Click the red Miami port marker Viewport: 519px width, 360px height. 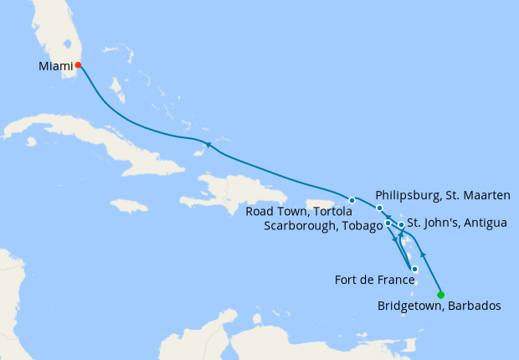click(78, 64)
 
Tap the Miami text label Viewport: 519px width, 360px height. click(54, 64)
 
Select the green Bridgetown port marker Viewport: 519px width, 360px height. click(440, 293)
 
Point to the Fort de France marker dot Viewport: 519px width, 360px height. click(414, 269)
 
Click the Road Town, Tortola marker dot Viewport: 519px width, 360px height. click(352, 200)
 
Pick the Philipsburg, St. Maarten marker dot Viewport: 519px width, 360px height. click(379, 208)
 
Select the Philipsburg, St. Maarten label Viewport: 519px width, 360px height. click(443, 194)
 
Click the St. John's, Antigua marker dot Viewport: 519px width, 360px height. click(401, 225)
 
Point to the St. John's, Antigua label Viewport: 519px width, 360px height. click(456, 224)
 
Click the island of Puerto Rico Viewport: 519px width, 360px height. click(322, 203)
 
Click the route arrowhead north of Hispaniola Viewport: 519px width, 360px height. click(209, 147)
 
